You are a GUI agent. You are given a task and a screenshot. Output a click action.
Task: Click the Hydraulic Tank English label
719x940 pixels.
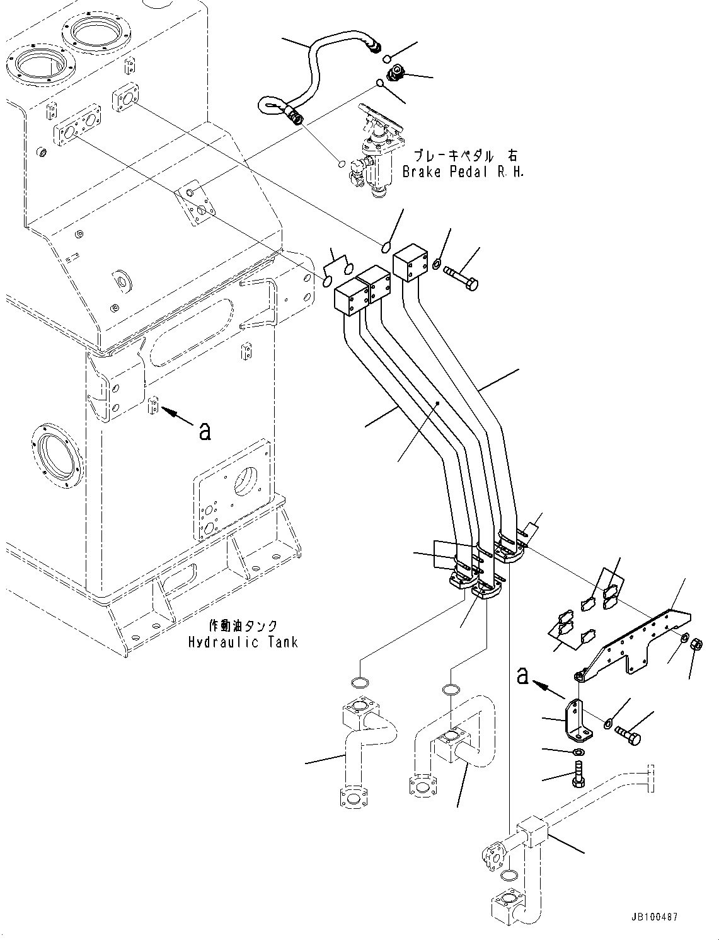pyautogui.click(x=243, y=642)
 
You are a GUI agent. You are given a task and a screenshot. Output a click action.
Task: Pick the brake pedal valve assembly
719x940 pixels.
pyautogui.click(x=376, y=151)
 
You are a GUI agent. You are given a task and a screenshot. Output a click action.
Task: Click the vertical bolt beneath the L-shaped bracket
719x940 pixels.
pyautogui.click(x=577, y=774)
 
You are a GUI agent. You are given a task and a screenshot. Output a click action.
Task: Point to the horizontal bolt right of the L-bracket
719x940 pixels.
pyautogui.click(x=627, y=734)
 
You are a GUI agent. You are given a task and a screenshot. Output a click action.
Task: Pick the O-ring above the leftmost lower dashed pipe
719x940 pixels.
pyautogui.click(x=358, y=680)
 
